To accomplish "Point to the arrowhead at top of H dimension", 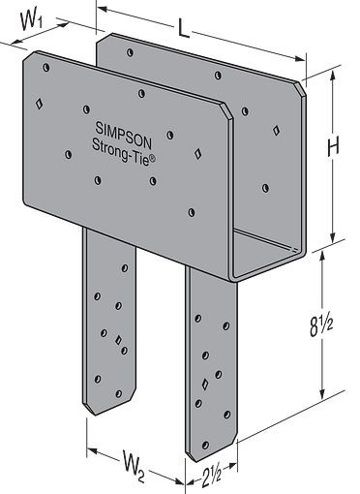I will (x=334, y=76).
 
